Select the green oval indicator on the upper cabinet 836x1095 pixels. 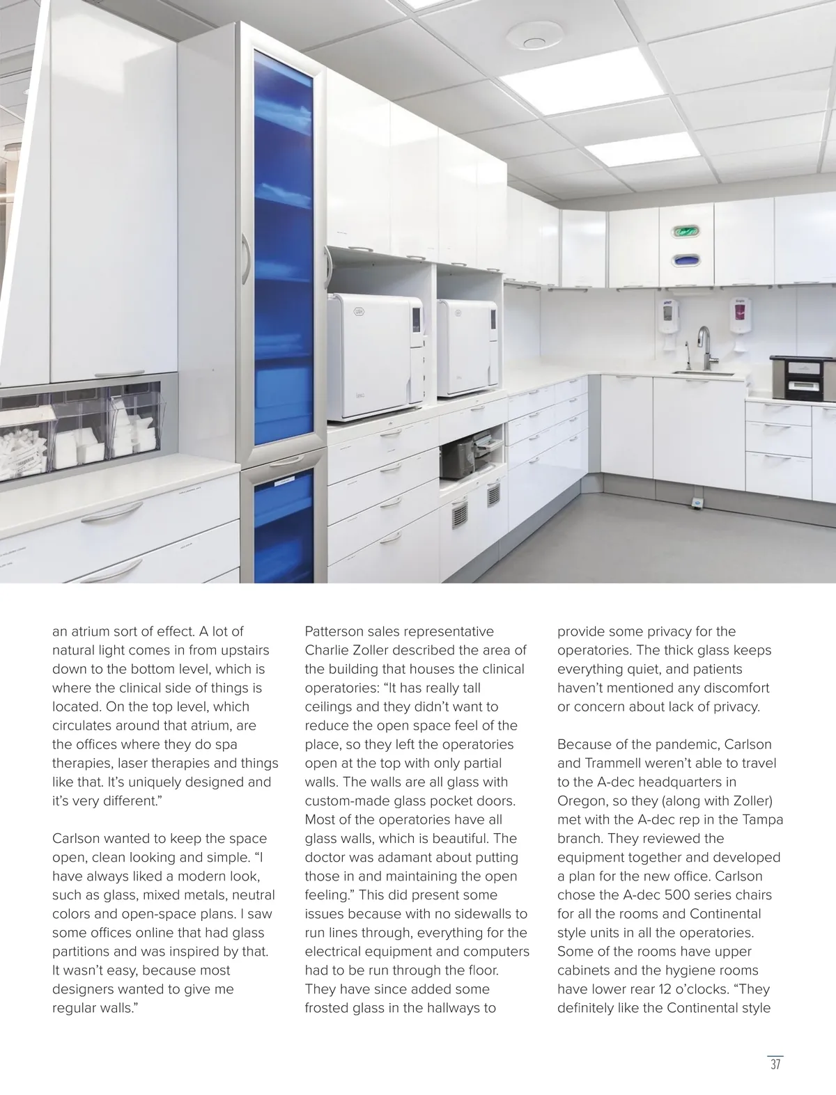[x=685, y=230]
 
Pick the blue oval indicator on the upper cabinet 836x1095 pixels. [x=685, y=260]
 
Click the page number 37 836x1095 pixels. [x=775, y=1065]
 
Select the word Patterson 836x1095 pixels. [x=336, y=631]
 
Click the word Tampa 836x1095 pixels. [x=764, y=819]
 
